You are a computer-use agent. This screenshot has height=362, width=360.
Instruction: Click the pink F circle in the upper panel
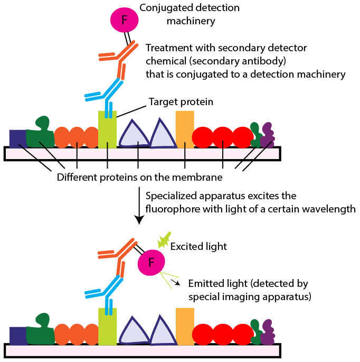125,20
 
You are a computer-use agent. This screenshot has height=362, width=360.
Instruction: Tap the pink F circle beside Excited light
151,262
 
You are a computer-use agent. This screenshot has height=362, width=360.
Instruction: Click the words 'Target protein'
181,102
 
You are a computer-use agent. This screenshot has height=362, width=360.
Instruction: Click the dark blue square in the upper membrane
18,138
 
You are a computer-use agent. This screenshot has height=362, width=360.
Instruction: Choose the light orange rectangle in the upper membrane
185,129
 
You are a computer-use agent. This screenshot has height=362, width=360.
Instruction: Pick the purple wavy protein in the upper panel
268,135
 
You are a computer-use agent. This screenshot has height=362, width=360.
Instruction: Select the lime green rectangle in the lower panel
107,328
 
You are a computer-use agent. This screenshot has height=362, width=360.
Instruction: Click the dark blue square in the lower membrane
18,336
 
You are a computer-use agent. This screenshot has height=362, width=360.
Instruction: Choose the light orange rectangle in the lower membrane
185,326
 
